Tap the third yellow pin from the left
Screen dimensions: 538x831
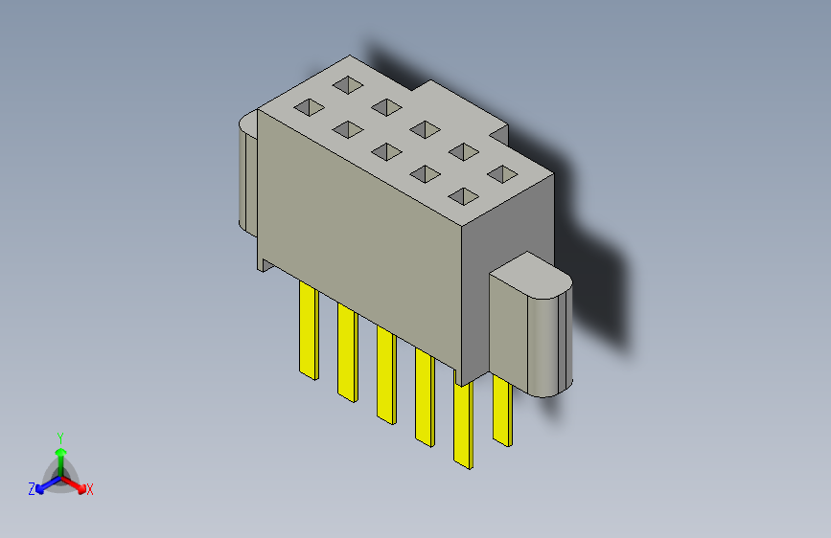(385, 374)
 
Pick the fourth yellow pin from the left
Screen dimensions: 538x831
(425, 396)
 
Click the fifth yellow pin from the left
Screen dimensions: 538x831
(463, 425)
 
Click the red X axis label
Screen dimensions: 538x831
(89, 489)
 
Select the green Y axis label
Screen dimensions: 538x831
(59, 437)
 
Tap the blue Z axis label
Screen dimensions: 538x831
(32, 489)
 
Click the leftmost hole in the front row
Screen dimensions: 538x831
(309, 108)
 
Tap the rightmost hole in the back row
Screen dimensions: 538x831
(501, 173)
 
